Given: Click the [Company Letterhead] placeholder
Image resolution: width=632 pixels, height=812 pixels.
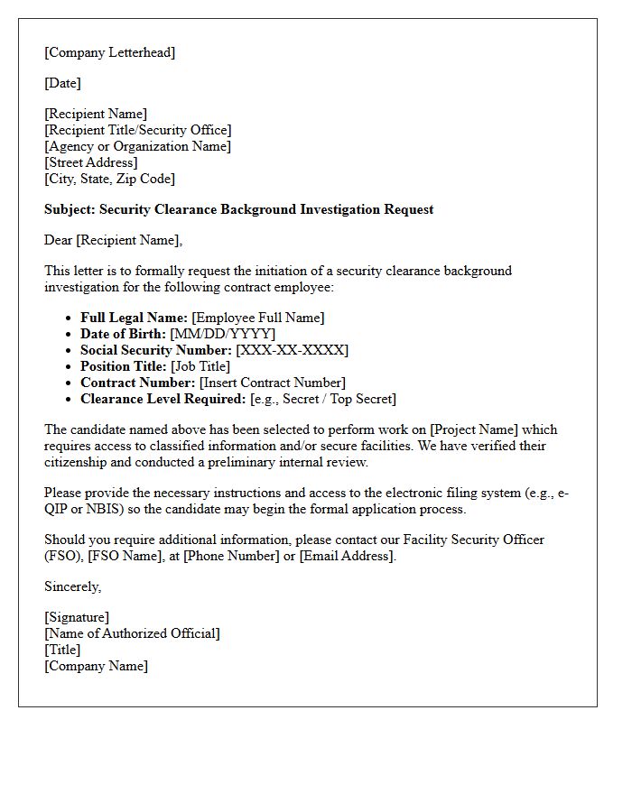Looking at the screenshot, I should point(109,52).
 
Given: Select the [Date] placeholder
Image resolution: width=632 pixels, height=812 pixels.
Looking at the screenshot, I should point(62,83).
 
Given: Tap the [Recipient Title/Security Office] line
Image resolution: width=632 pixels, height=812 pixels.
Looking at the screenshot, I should point(137,130).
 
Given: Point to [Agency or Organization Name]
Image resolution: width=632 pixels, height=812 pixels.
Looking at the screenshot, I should point(137,146).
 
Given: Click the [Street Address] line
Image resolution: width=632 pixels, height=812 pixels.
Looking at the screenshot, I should point(91,162).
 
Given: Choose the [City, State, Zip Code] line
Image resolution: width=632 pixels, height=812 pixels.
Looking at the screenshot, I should point(109,179).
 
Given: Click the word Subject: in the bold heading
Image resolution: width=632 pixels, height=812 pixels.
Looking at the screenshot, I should point(70,209).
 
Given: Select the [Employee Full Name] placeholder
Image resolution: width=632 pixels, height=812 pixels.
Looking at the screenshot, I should point(258,318).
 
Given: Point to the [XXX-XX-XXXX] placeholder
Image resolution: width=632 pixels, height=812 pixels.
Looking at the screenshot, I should point(292,350).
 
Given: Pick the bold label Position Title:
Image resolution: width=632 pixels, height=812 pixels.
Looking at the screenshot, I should point(123,366).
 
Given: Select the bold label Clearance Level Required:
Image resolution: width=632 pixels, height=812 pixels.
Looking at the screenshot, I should point(163,399).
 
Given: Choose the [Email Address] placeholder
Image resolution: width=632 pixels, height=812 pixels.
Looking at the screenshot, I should point(347,556).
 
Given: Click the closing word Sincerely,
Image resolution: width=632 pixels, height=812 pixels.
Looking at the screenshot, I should point(73,586).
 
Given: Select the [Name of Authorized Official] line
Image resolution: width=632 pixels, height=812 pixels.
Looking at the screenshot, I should point(132,633).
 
